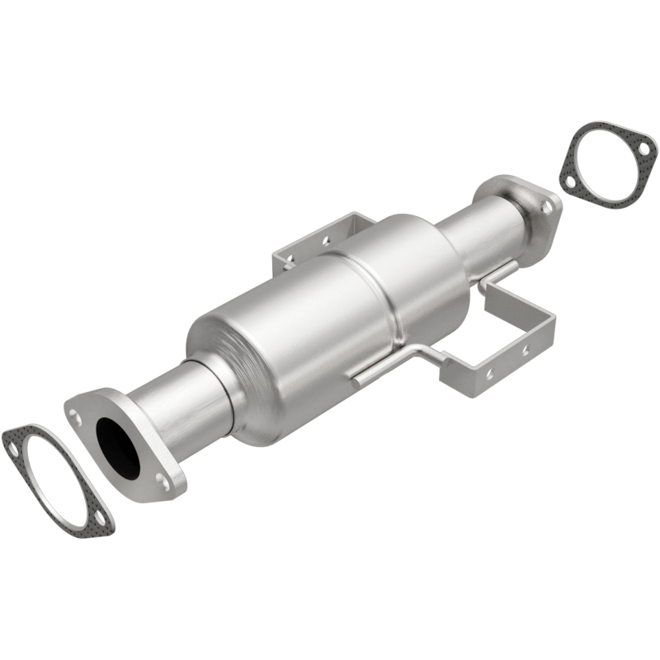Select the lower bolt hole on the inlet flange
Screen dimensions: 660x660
(163, 483)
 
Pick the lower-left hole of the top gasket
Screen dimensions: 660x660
(568, 176)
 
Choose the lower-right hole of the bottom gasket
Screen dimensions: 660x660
(101, 516)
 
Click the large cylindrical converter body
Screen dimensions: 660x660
(305, 322)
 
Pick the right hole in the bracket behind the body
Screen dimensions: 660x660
(326, 241)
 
